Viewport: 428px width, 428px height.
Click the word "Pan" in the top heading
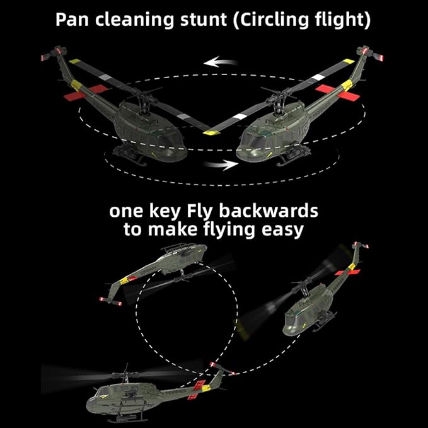tap(72, 20)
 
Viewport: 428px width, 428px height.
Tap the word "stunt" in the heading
tap(203, 20)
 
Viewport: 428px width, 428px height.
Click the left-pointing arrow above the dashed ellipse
tap(221, 62)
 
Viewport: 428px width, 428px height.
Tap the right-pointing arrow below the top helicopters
tap(221, 165)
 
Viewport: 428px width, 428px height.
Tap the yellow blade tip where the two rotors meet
tap(211, 133)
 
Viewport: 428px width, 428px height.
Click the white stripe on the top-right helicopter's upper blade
tap(318, 78)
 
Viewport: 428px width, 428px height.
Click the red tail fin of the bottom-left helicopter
tap(197, 390)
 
